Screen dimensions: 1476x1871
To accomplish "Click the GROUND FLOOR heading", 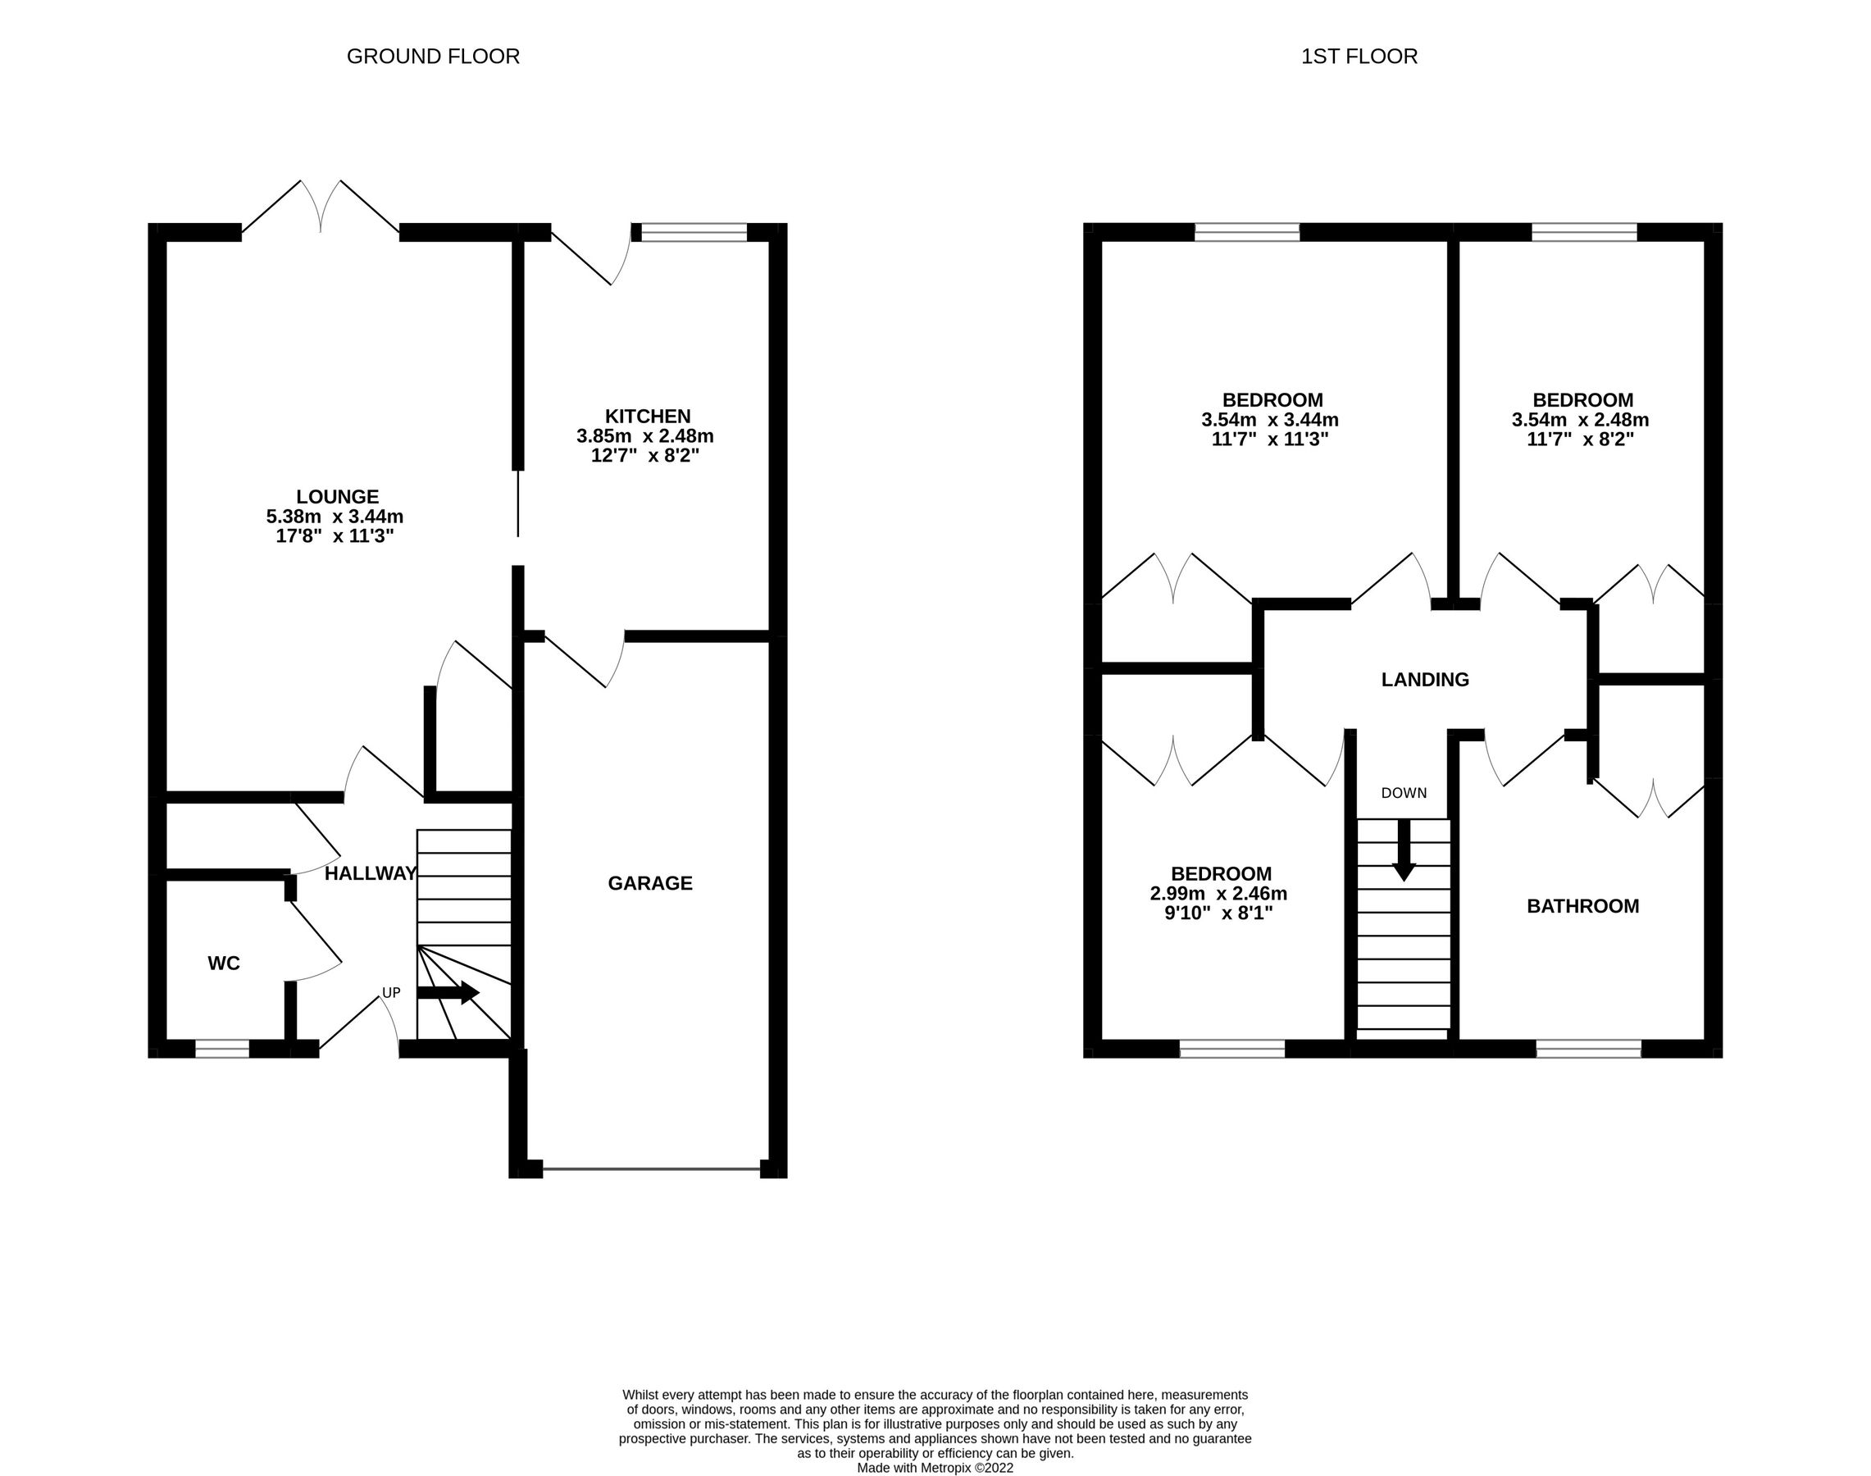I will tap(433, 57).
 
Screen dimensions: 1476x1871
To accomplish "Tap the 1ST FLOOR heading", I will tap(1359, 57).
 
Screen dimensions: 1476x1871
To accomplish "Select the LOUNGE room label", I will tap(337, 497).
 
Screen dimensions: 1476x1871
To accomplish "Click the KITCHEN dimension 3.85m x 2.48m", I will tap(644, 436).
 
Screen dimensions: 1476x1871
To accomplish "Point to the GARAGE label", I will tap(650, 883).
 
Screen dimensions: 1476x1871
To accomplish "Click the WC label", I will tap(224, 963).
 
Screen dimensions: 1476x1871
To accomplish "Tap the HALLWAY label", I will tap(371, 873).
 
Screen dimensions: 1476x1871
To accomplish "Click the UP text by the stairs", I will tap(391, 994).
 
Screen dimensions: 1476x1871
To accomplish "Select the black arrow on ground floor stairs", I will tap(448, 993).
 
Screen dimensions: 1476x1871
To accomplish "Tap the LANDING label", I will tap(1424, 680).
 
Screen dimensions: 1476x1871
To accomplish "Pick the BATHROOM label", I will tap(1582, 907).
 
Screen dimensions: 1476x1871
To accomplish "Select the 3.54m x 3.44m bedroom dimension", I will tap(1269, 420).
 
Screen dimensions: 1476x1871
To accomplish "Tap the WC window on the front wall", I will tap(222, 1049).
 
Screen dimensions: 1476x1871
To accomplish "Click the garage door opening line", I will tap(652, 1169).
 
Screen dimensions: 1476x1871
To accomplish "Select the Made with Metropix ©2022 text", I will tap(935, 1467).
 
